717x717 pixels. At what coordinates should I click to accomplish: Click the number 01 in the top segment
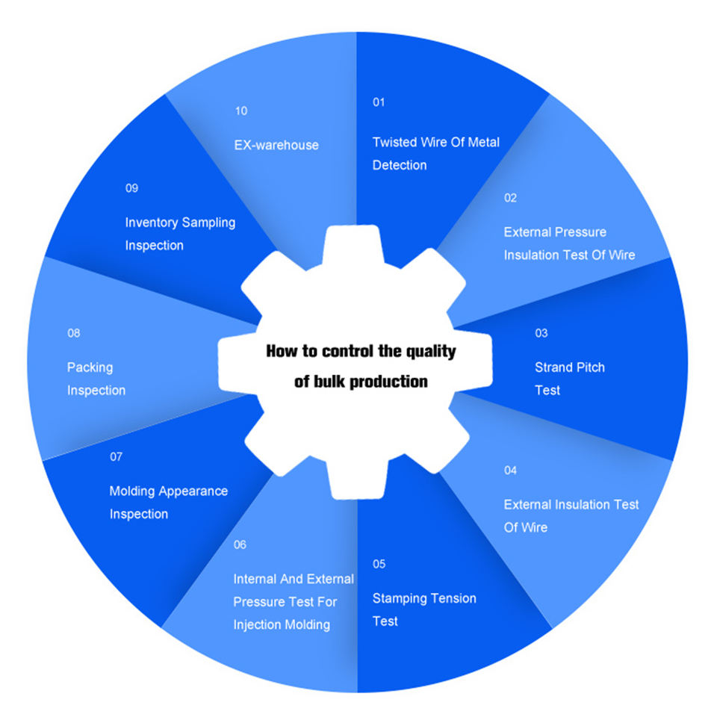[379, 102]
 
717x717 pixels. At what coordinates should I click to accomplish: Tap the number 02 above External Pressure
[510, 198]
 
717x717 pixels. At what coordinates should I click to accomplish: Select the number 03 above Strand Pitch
[541, 333]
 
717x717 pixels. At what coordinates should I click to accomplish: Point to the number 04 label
[510, 471]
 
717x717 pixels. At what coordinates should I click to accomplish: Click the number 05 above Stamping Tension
[379, 564]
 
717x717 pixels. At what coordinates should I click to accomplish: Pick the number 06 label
[240, 545]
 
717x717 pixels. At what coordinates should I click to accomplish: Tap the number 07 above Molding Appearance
[116, 457]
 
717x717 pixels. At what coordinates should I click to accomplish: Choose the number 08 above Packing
[73, 333]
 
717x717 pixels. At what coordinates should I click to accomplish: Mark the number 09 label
[131, 188]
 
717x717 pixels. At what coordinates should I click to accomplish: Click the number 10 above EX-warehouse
[240, 111]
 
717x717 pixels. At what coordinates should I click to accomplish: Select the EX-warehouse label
[276, 145]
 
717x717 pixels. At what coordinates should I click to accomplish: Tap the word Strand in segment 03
[554, 367]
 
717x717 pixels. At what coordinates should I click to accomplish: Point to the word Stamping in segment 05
[400, 599]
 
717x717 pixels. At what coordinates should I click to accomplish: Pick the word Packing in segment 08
[90, 367]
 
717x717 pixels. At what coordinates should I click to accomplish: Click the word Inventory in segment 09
[152, 223]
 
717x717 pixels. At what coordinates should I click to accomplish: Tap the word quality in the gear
[430, 351]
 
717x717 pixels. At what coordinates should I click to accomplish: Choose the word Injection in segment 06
[258, 624]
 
